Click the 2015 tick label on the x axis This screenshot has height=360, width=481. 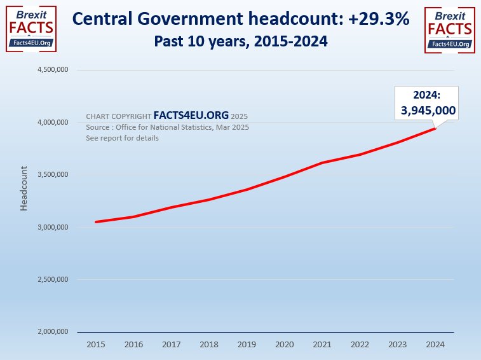point(96,344)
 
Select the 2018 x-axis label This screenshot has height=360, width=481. point(209,344)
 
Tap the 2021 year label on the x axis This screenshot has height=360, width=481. point(322,344)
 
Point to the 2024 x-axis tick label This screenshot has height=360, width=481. point(435,344)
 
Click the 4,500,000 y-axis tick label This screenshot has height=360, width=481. point(54,70)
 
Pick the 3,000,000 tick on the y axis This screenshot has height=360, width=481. point(54,227)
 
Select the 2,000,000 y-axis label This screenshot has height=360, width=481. point(54,332)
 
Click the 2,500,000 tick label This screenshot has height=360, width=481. point(54,279)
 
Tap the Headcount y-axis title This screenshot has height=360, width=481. point(24,188)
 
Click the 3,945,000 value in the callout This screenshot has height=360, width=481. point(428,111)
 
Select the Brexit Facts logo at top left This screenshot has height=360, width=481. point(30,28)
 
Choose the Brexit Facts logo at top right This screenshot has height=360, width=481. point(449,28)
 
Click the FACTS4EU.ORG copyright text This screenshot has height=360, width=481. point(191,116)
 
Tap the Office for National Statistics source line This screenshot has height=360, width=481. point(167,127)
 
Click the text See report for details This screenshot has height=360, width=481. point(122,138)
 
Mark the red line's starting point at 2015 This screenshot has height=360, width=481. point(96,222)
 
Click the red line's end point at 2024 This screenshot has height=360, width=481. point(435,128)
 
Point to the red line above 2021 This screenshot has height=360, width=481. point(322,163)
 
